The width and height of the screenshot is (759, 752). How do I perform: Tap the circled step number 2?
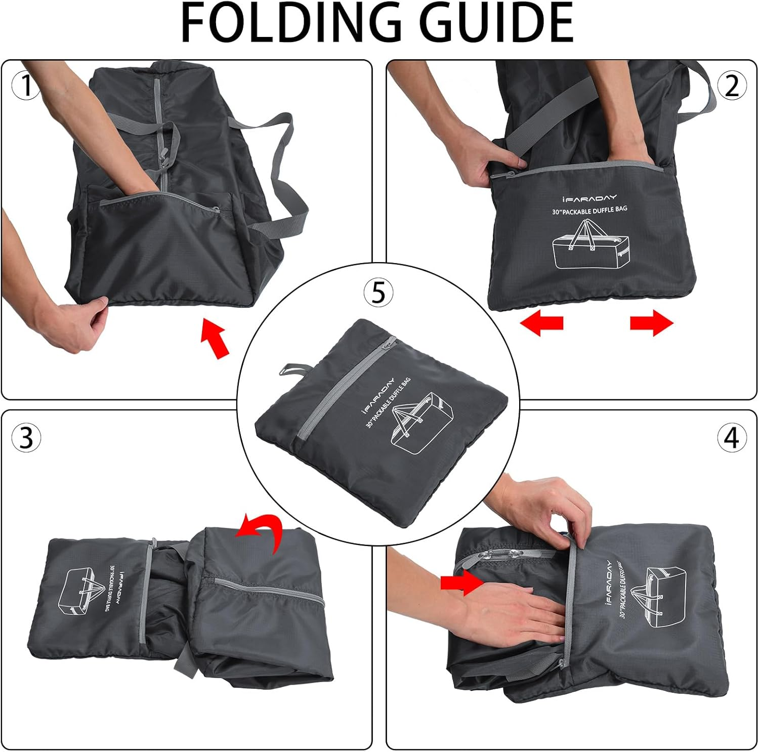pyautogui.click(x=732, y=86)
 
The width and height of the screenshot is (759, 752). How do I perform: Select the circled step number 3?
pyautogui.click(x=26, y=438)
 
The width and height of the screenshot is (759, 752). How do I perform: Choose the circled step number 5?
pyautogui.click(x=378, y=292)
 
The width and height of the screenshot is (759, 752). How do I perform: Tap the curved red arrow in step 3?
pyautogui.click(x=261, y=533)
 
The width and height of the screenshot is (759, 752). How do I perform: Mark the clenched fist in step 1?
pyautogui.click(x=81, y=324)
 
